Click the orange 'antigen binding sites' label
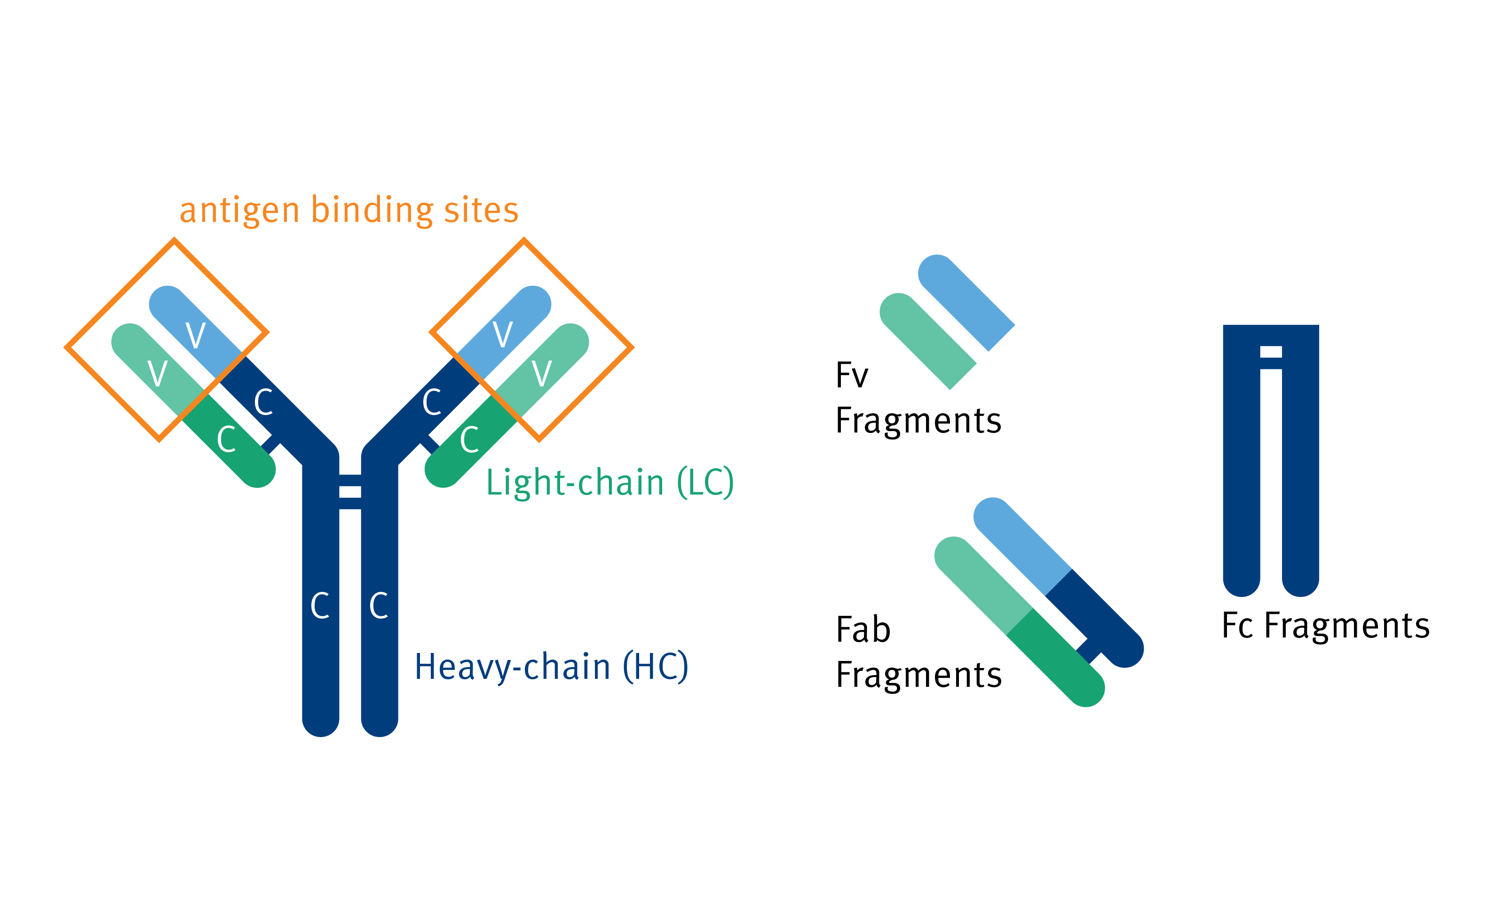tap(349, 211)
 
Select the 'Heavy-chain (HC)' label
tap(551, 667)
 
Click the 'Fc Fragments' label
tap(1325, 626)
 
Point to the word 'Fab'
tap(863, 630)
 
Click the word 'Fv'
tap(852, 375)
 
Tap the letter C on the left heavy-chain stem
tap(320, 605)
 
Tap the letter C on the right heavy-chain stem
tap(379, 605)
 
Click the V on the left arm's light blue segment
tap(196, 336)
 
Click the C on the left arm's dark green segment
tap(227, 440)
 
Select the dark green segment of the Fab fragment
tap(1056, 658)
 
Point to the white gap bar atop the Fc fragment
tap(1271, 352)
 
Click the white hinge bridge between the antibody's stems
tap(350, 492)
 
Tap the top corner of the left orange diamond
tap(175, 240)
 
